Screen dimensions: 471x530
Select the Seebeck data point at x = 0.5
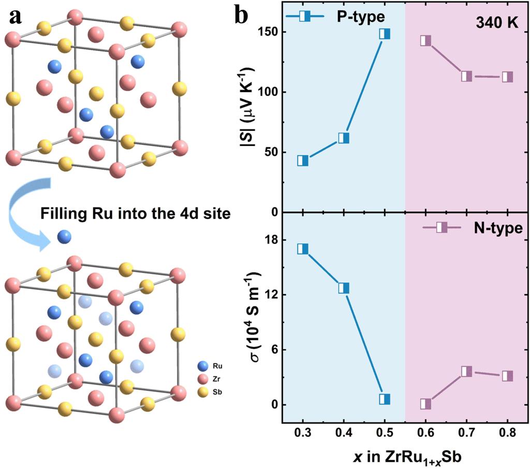coord(385,34)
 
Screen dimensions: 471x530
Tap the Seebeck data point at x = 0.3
coord(303,160)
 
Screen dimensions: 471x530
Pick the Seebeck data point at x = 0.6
coord(425,41)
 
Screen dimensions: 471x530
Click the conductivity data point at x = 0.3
coord(303,249)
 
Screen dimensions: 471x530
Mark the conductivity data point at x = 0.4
coord(344,288)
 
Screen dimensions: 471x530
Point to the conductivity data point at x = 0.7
coord(466,371)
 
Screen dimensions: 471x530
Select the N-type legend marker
coord(441,228)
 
